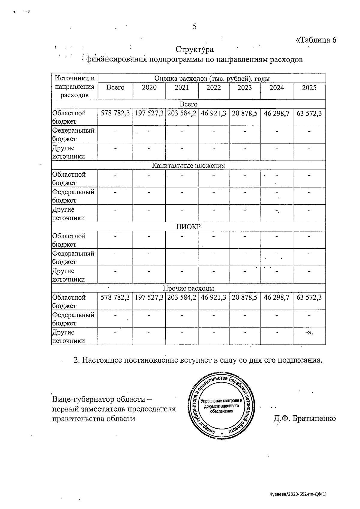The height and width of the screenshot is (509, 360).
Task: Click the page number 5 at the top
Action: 194,27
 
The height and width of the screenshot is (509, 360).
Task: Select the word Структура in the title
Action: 194,49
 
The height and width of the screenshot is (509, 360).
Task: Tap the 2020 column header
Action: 149,88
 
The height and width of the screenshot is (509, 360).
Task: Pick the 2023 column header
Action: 244,88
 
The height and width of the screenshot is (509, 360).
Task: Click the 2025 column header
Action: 309,88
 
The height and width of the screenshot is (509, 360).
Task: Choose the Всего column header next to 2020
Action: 115,88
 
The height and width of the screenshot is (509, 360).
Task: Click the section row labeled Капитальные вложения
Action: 188,165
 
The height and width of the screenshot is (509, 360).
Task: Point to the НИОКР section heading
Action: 188,227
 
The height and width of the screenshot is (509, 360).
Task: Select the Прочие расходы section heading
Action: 188,289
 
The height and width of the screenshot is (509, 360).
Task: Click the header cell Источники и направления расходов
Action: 74,87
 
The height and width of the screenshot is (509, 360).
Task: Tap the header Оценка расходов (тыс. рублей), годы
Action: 212,79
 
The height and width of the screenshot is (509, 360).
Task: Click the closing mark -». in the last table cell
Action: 309,333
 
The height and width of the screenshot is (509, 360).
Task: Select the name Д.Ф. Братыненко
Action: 304,418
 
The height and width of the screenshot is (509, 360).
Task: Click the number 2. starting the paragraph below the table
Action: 76,360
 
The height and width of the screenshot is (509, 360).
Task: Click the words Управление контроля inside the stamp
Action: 221,401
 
